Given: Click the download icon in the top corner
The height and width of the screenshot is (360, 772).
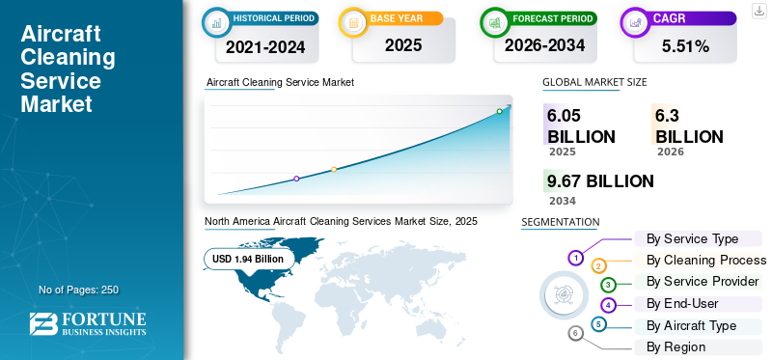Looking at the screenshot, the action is [x=758, y=11].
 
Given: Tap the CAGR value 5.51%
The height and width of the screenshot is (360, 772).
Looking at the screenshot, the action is [x=685, y=46].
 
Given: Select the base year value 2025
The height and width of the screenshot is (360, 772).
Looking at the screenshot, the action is [x=403, y=45].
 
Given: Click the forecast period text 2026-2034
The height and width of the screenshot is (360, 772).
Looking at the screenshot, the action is [x=544, y=45].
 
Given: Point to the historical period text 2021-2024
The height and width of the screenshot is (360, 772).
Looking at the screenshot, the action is [x=265, y=47].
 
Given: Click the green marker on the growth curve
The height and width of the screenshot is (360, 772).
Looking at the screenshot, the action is [x=499, y=111].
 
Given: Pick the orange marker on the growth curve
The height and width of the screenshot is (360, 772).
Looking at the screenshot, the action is [x=334, y=170].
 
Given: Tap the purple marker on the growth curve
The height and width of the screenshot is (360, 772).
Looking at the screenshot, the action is [x=296, y=179].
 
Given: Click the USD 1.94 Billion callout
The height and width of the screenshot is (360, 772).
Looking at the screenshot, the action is [x=248, y=259].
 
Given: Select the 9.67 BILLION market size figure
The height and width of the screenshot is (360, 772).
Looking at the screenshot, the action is [x=600, y=181].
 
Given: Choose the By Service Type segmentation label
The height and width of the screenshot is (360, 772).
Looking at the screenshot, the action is [x=692, y=238].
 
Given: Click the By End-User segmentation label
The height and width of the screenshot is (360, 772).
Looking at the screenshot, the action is [x=682, y=304].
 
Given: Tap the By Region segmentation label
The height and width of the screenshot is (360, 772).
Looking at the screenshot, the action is [x=676, y=347].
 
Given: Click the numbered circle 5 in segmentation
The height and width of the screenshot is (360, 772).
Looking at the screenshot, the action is [x=598, y=324].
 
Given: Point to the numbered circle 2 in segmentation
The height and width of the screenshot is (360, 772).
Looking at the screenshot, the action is [x=598, y=267].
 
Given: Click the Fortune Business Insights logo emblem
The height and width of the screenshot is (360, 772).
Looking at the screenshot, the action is [x=43, y=324].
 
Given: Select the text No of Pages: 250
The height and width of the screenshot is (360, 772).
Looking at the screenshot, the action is [x=79, y=290].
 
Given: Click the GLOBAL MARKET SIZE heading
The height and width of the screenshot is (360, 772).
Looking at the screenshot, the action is [x=594, y=82].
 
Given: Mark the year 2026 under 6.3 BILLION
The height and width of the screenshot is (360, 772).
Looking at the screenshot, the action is [x=670, y=152].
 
